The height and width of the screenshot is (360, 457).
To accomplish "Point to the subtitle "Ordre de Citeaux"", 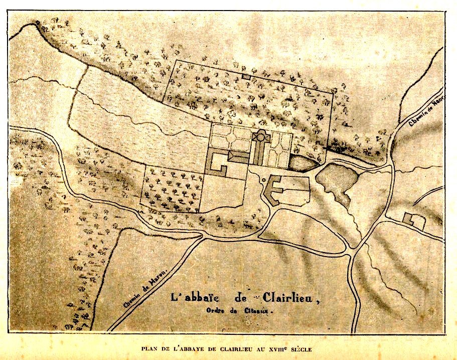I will pos(238,310).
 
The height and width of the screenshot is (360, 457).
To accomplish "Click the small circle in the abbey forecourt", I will pos(263,180).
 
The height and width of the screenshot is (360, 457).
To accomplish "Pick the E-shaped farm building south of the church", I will pos(273,190).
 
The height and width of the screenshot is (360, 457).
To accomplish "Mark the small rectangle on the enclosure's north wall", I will pos(245,76).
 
